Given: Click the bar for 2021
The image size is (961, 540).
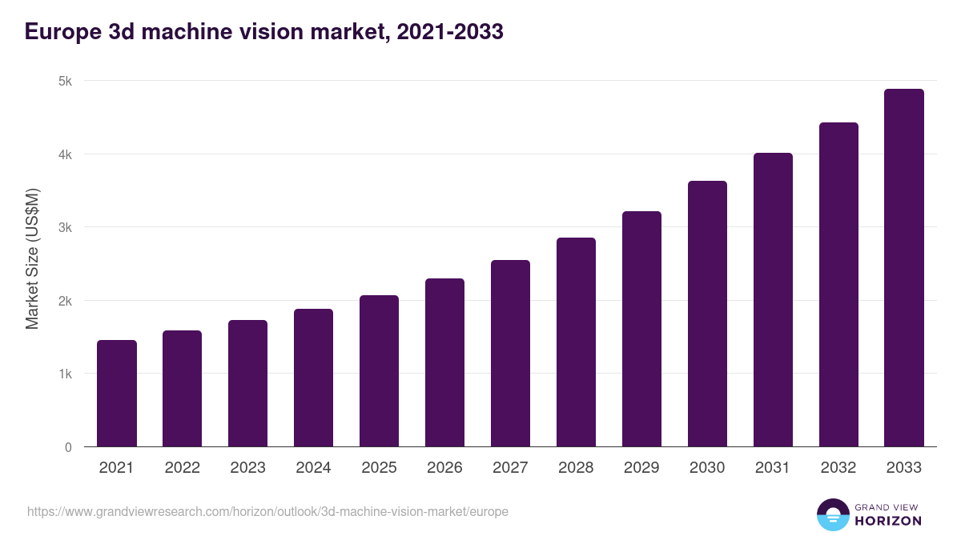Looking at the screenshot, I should [x=117, y=394].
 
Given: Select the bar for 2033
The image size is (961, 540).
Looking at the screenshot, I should [x=904, y=268].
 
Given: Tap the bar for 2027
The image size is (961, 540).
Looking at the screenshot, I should [x=510, y=354].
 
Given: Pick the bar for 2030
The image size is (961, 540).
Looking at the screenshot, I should [x=707, y=314].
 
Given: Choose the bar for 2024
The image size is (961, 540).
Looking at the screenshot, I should [x=313, y=378].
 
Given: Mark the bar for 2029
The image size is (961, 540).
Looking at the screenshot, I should [x=641, y=329].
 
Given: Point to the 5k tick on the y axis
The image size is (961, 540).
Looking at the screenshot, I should [x=64, y=81].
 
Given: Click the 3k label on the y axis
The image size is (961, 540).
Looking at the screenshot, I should [x=64, y=227].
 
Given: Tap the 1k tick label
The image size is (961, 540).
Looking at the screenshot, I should [x=64, y=374].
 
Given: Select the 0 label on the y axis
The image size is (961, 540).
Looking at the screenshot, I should [x=68, y=447].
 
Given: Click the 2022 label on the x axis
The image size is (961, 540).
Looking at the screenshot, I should [x=183, y=468].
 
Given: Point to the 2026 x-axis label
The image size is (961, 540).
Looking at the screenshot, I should [x=444, y=468].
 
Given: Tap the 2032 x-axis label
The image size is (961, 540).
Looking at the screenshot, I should [x=838, y=468].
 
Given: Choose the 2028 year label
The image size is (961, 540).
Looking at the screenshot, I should [x=576, y=468].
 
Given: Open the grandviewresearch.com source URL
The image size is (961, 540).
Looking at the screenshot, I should [x=267, y=511].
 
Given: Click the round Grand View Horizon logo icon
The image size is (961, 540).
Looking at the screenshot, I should [x=832, y=514].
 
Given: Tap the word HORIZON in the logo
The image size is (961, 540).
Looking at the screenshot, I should [x=888, y=521].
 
